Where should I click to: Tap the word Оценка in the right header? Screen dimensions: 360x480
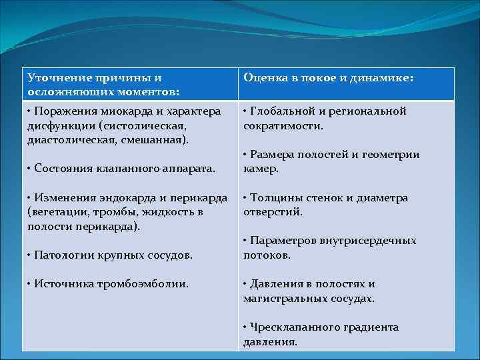(x=263, y=78)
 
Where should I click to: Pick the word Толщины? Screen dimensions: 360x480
(x=273, y=198)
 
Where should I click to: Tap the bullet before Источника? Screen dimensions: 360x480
(x=30, y=283)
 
